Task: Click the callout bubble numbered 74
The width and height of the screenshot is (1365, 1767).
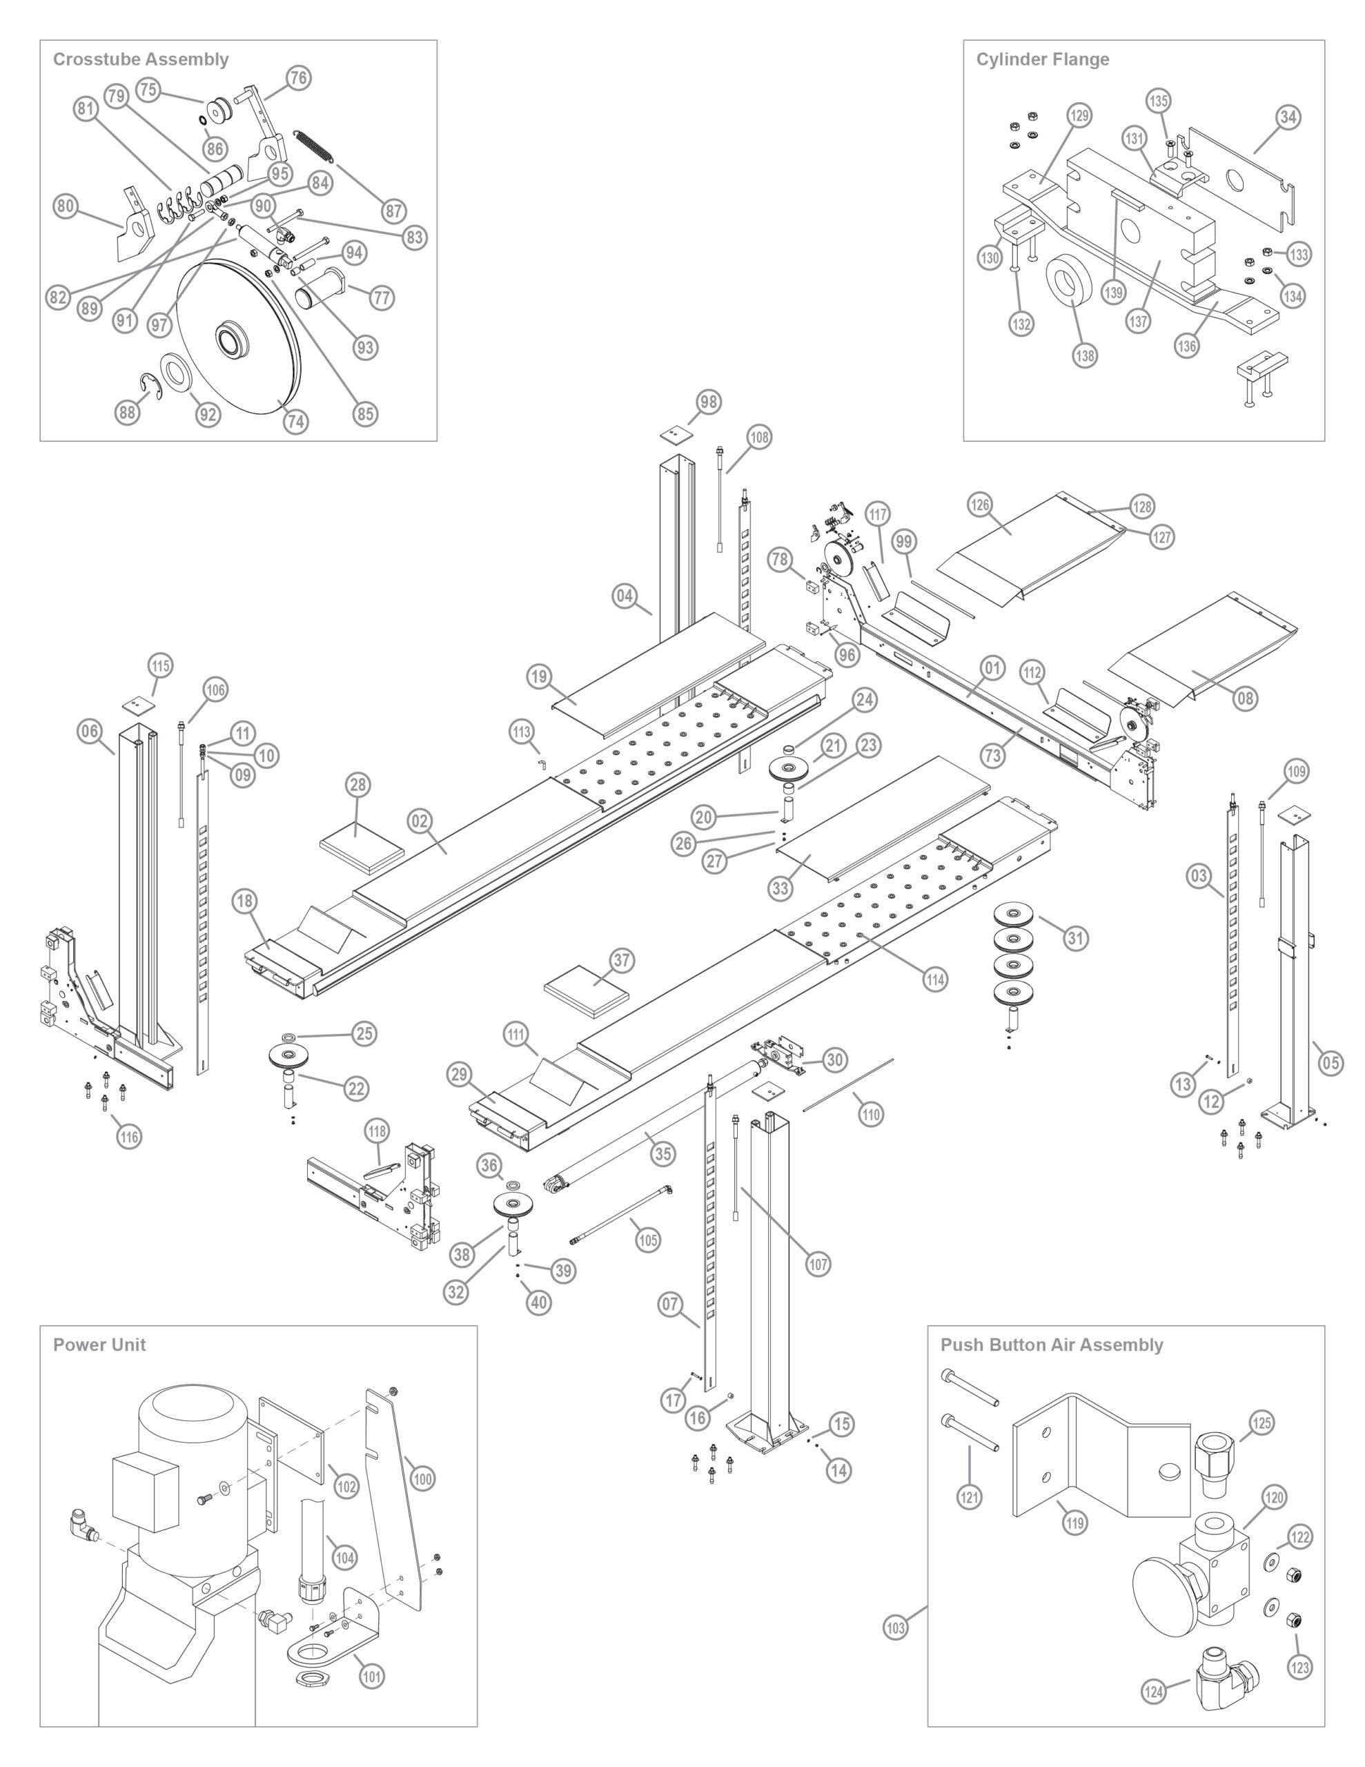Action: tap(295, 422)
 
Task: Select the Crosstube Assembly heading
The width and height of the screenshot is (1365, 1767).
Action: tap(141, 59)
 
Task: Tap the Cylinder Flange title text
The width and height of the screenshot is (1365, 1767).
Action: tap(1042, 59)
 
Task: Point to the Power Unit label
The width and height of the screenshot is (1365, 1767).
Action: tap(99, 1345)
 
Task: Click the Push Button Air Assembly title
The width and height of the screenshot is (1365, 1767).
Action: tap(1051, 1345)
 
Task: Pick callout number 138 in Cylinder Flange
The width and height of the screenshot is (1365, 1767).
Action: tap(1084, 355)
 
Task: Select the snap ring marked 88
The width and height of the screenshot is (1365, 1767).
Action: tap(150, 387)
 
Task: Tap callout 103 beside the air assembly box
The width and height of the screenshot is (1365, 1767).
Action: tap(896, 1628)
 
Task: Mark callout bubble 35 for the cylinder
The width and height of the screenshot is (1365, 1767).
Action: tap(662, 1154)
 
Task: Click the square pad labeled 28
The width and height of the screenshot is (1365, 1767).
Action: tap(362, 849)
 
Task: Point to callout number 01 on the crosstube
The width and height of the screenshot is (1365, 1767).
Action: tap(993, 668)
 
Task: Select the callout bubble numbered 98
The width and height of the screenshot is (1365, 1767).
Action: tap(709, 402)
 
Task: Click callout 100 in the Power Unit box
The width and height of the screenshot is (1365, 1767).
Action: tap(422, 1479)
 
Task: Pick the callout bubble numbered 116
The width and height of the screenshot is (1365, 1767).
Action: tap(128, 1137)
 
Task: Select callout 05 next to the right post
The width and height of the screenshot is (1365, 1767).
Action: tap(1331, 1062)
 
